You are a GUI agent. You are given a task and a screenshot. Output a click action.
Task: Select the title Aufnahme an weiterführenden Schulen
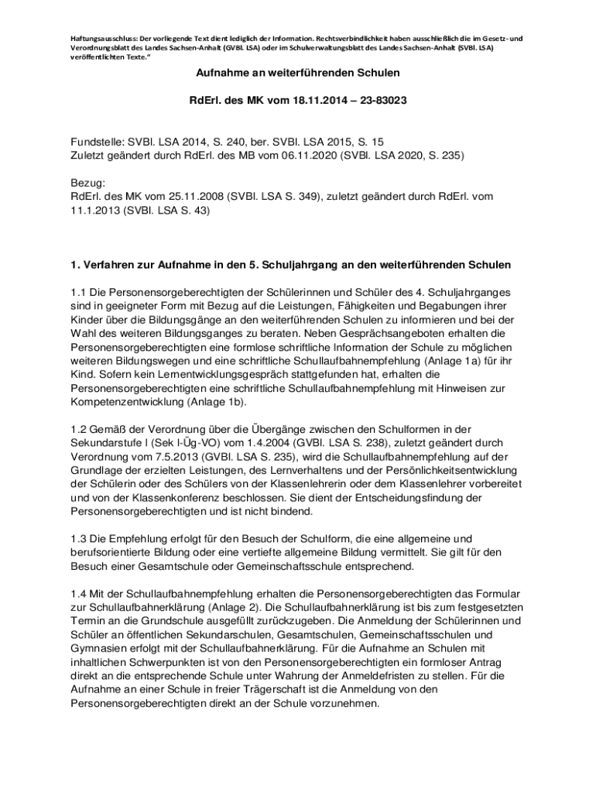297,73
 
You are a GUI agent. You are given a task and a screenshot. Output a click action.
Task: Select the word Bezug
86,184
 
